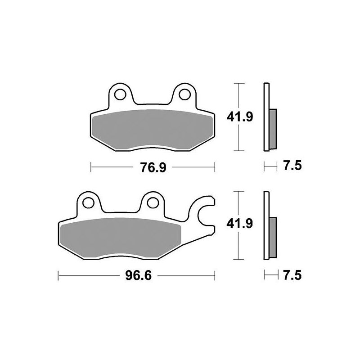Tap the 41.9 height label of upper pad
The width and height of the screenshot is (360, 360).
(236, 117)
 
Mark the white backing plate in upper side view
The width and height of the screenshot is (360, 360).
(266, 117)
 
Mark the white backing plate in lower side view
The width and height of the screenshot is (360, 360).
(266, 225)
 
